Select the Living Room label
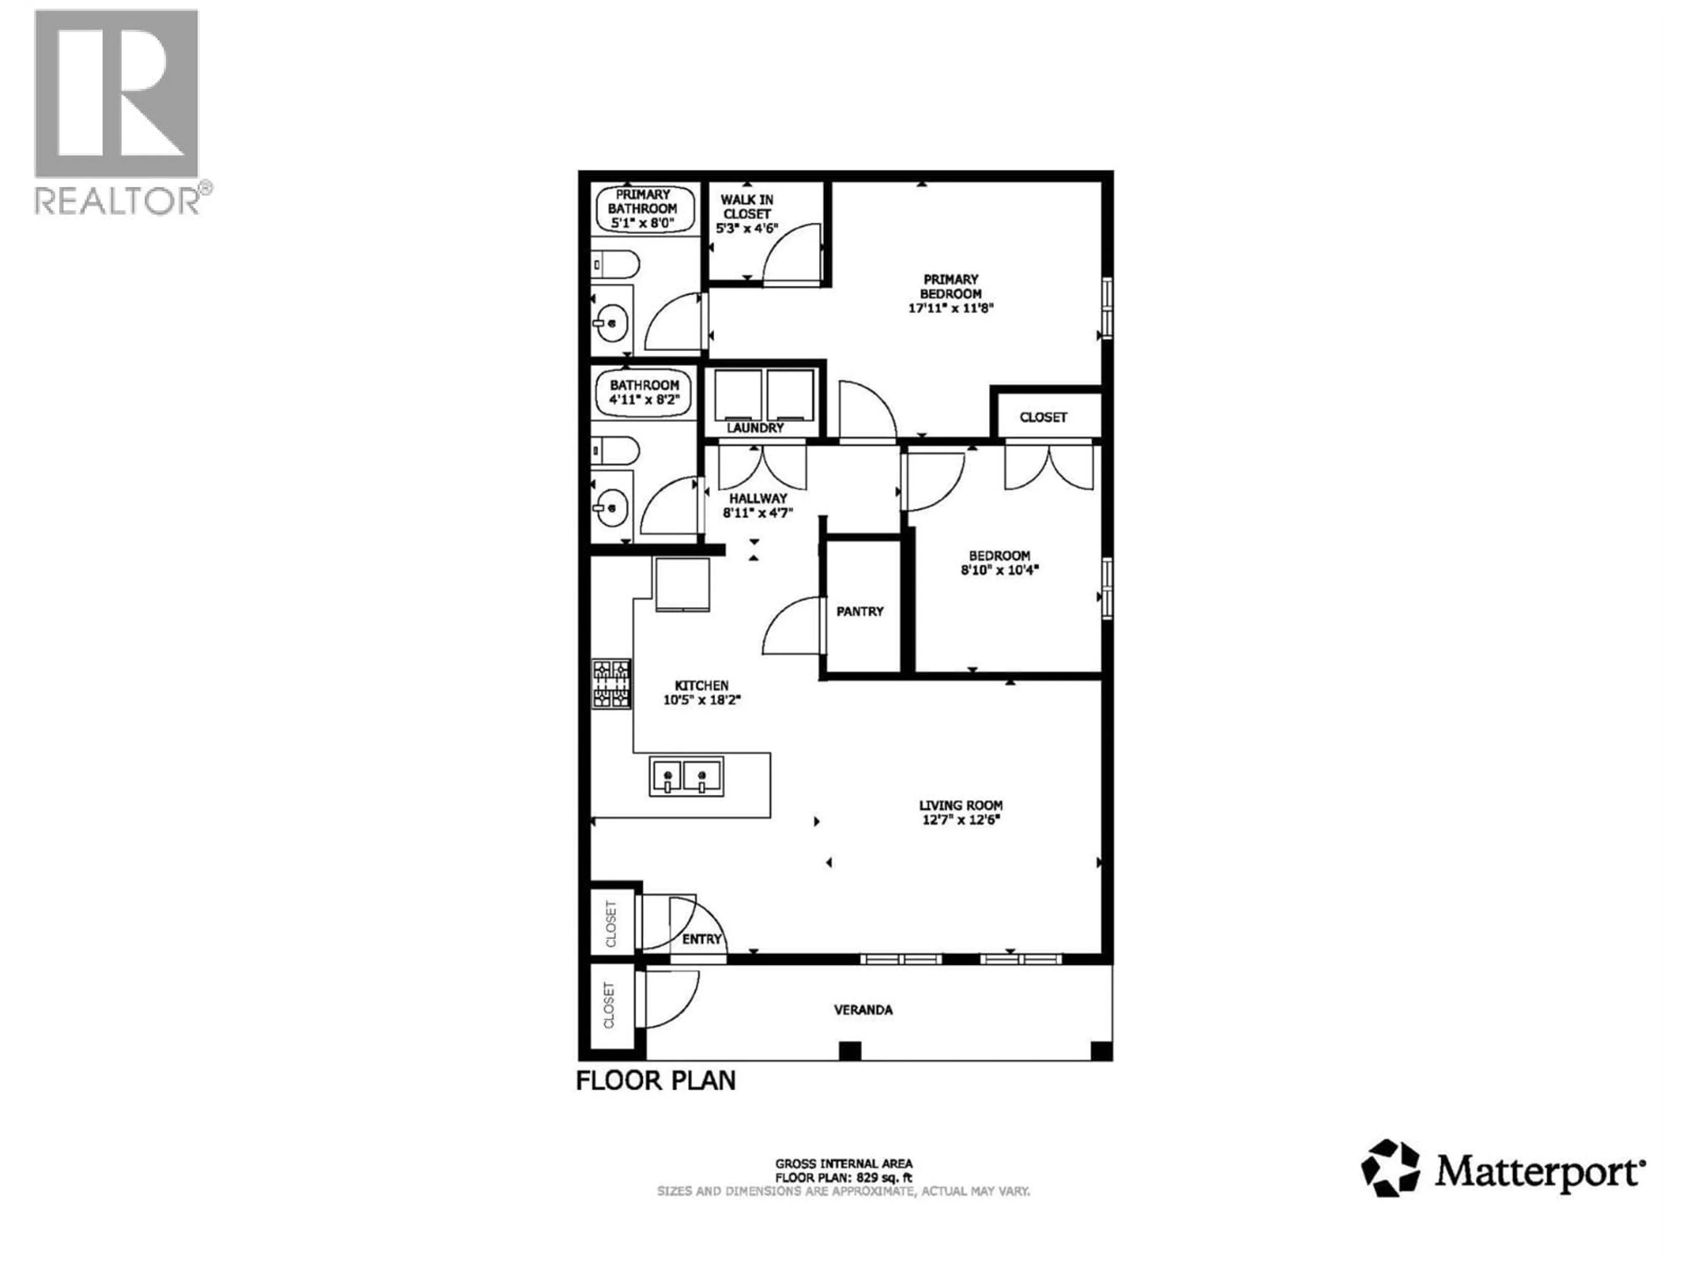pyautogui.click(x=961, y=805)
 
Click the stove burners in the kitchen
pyautogui.click(x=612, y=684)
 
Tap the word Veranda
pyautogui.click(x=863, y=1010)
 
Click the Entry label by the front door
pyautogui.click(x=701, y=939)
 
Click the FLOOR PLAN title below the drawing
pyautogui.click(x=655, y=1080)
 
